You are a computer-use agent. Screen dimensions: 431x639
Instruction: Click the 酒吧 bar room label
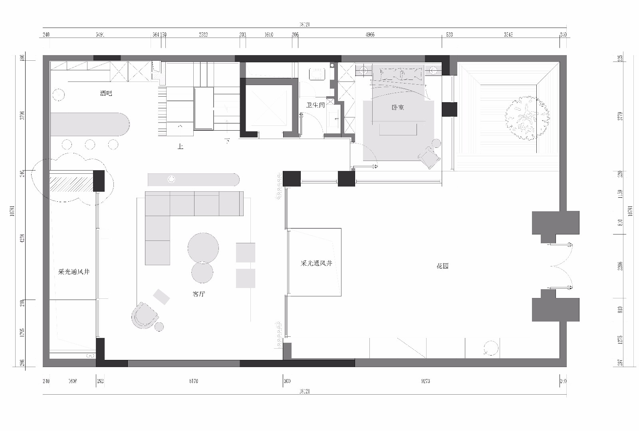pos(106,93)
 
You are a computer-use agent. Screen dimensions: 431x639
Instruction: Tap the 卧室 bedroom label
pos(398,107)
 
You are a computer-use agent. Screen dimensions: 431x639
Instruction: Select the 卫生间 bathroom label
pos(315,105)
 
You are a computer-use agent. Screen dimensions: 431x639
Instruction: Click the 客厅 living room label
pos(198,294)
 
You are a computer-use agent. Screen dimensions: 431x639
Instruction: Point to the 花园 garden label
pos(443,266)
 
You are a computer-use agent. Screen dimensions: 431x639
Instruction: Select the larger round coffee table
pos(203,248)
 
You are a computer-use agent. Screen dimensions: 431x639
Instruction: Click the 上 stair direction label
pos(181,147)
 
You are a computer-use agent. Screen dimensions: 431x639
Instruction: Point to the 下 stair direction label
pos(227,141)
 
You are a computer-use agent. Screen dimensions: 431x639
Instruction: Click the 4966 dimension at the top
pos(370,35)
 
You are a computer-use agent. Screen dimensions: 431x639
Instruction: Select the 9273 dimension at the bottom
pos(425,381)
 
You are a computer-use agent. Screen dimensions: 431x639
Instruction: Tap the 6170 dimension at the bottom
pos(193,381)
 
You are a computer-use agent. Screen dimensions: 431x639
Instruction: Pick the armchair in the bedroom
pos(429,158)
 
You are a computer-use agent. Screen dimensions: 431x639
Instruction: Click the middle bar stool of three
pos(90,144)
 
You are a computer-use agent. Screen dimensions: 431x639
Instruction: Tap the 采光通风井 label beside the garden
pos(316,264)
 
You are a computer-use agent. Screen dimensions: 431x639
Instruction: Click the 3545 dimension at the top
pos(508,35)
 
